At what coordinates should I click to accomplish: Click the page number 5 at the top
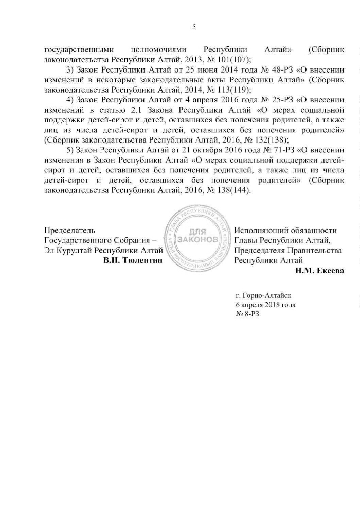[194, 27]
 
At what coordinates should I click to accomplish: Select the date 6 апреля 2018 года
[265, 305]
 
